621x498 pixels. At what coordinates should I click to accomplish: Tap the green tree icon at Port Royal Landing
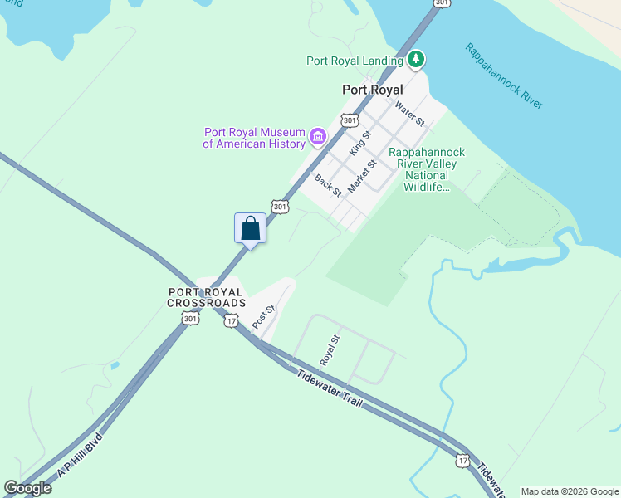[x=416, y=60]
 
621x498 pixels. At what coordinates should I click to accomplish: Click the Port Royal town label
[x=372, y=90]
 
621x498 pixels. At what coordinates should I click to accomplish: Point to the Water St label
[x=410, y=113]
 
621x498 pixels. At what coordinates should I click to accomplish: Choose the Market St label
[x=362, y=176]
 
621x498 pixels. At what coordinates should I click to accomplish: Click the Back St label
[x=328, y=185]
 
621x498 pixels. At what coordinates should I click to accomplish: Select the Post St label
[x=264, y=316]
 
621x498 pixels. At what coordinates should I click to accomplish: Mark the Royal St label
[x=330, y=350]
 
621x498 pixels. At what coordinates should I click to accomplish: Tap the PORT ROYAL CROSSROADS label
[x=206, y=297]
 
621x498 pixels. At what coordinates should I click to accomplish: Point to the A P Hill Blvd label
[x=80, y=456]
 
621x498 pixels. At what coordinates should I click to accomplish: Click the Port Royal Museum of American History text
[x=254, y=138]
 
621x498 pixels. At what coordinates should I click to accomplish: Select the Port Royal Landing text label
[x=355, y=61]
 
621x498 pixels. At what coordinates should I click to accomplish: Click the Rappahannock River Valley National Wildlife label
[x=427, y=169]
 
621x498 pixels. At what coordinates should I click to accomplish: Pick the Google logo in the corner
[x=27, y=488]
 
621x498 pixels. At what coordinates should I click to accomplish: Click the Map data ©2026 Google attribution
[x=570, y=491]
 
